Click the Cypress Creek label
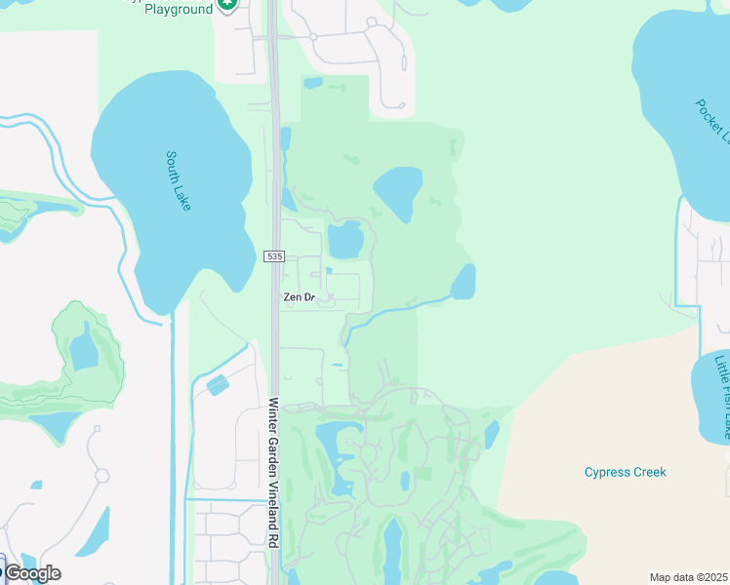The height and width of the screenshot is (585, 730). coord(625,473)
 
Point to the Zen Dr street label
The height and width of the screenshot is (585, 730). coord(300,297)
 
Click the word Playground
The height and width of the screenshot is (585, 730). coord(172,9)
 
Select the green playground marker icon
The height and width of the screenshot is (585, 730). coord(227,5)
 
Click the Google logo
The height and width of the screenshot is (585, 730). coord(32,573)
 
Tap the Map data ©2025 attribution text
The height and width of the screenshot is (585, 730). coord(688,577)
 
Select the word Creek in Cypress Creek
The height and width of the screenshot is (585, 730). coord(648,473)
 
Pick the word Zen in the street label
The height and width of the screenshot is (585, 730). coord(292,297)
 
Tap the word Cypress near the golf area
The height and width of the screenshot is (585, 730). coord(606,473)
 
